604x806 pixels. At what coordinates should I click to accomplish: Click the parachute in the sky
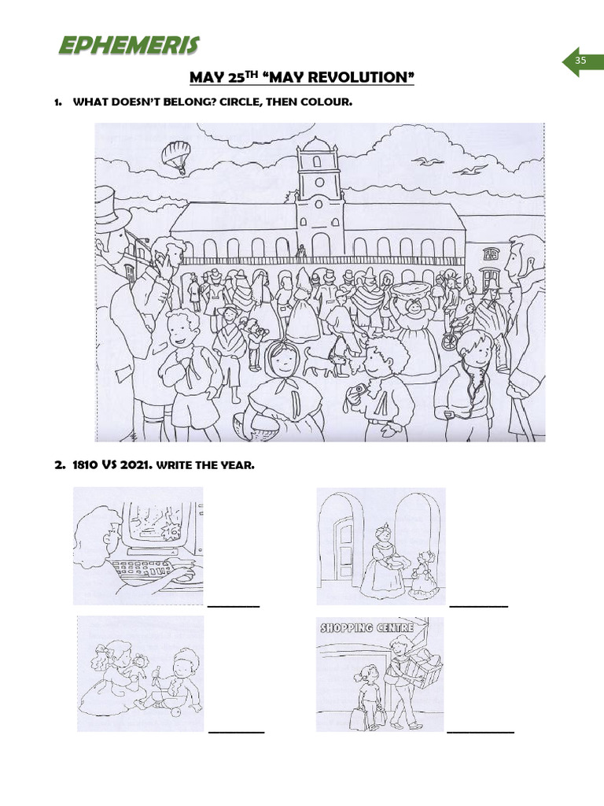tap(176, 153)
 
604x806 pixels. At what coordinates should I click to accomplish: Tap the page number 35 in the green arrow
tap(580, 61)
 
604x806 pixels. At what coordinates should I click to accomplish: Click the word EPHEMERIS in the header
tap(128, 46)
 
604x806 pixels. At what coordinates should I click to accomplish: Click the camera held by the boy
tap(359, 390)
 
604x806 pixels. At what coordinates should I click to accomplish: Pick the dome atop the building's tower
tap(318, 145)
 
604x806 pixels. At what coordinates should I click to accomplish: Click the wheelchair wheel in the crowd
tap(449, 340)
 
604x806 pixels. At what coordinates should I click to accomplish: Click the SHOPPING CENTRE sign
tap(368, 628)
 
